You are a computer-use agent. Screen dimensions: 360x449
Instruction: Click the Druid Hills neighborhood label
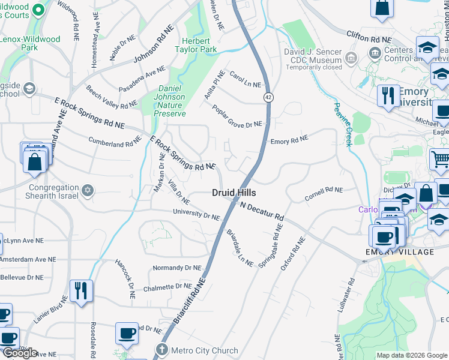[x=234, y=193]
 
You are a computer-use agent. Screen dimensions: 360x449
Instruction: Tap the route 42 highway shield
[x=265, y=97]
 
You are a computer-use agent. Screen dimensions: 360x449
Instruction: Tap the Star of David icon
[x=88, y=190]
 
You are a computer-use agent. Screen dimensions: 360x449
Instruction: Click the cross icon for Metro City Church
[x=160, y=350]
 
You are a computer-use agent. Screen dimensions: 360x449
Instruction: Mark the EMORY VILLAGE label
[x=400, y=252]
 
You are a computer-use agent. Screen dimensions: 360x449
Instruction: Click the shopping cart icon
[x=440, y=160]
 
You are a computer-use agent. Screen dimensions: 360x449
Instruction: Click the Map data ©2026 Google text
[x=411, y=355]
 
